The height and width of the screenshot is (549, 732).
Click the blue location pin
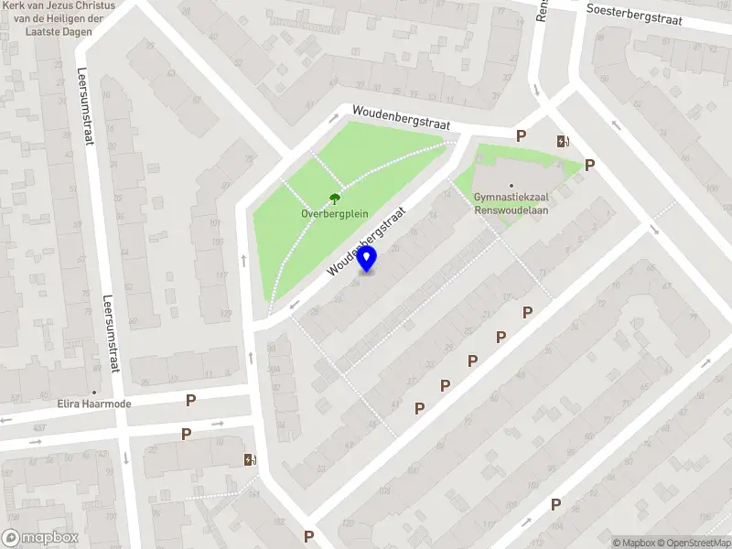367,259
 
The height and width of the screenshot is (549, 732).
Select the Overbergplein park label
335,213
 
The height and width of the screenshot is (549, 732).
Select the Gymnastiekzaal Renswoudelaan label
511,202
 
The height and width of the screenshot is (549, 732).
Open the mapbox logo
38,538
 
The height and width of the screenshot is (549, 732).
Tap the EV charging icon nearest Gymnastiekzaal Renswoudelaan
563,141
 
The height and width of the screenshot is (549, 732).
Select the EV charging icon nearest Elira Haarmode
249,459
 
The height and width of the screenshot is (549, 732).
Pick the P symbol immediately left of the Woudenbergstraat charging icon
521,136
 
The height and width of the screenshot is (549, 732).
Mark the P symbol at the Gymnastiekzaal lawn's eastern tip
590,166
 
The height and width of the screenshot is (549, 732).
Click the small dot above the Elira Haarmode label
94,392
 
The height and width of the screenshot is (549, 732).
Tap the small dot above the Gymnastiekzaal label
511,184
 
